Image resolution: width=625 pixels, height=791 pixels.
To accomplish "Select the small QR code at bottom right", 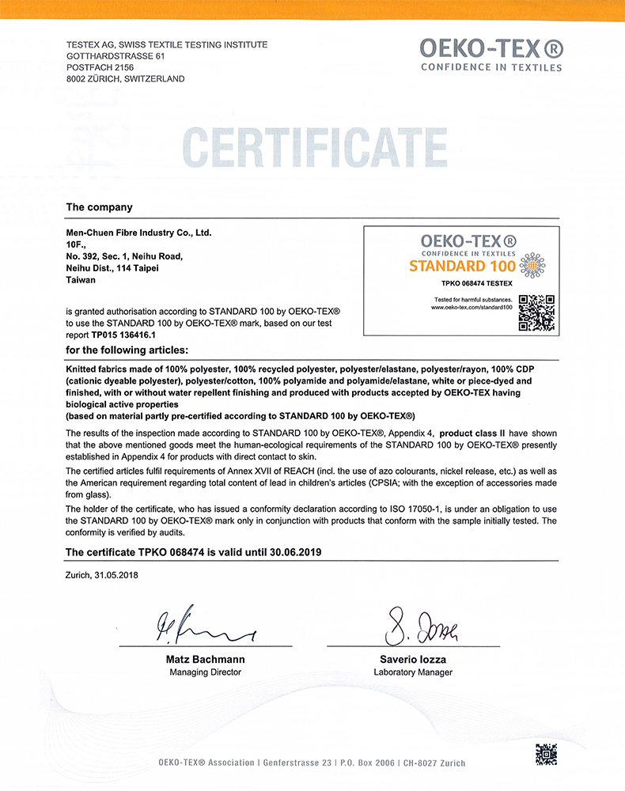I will (x=546, y=754).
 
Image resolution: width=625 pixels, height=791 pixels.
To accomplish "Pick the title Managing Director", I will (x=205, y=672).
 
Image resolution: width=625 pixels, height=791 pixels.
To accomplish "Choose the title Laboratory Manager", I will (x=413, y=672).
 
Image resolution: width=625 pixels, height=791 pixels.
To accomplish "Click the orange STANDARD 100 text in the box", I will (x=462, y=266).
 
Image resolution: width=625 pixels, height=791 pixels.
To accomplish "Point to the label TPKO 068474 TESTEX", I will (x=476, y=283).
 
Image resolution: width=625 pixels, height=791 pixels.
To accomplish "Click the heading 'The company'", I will (x=99, y=207).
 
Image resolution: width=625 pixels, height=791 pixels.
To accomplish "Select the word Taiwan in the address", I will (x=81, y=280).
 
